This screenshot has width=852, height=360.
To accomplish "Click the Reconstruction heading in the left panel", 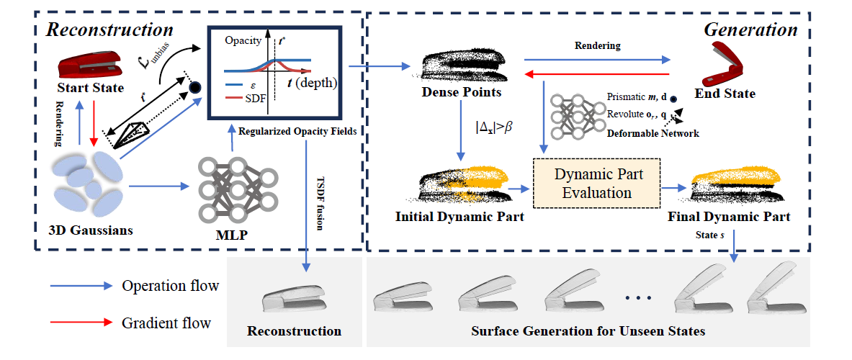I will click(x=110, y=30).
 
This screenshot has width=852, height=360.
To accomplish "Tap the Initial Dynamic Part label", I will click(x=459, y=215).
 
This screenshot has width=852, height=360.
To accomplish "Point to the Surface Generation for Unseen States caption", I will click(x=588, y=331).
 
